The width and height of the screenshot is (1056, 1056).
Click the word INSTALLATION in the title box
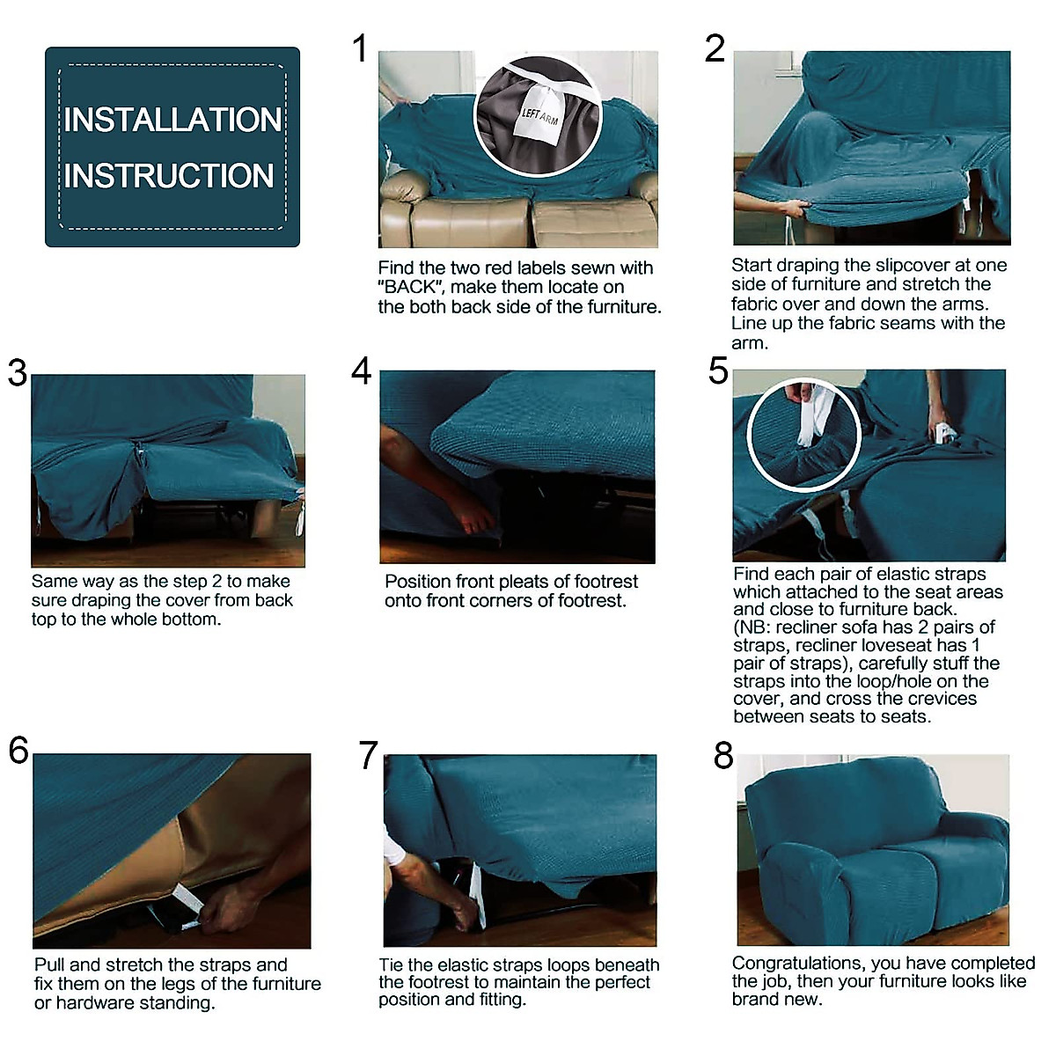coord(172,121)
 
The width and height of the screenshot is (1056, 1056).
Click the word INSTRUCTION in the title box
coord(169,176)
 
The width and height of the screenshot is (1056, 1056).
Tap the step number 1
coord(359,48)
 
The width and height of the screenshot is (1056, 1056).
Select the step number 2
coord(715,48)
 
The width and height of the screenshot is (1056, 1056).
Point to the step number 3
coord(18,373)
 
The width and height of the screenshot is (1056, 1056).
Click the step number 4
coord(361,371)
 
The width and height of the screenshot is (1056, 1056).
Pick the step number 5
coord(718,371)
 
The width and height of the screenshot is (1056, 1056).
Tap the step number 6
coord(18,751)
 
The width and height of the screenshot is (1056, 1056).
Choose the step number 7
coord(368,756)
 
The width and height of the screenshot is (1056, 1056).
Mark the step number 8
coord(723,756)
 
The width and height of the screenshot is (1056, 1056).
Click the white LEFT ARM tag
coord(538,115)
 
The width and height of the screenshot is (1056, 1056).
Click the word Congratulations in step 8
coord(789,964)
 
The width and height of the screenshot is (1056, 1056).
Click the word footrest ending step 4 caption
coord(592,601)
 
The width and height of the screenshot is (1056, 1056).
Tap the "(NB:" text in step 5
coord(753,627)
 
